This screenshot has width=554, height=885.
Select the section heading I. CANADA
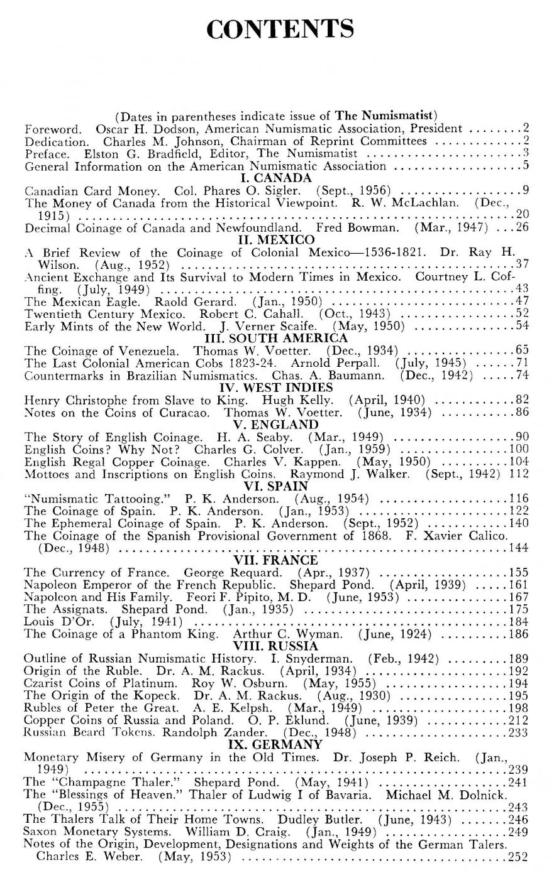[277, 178]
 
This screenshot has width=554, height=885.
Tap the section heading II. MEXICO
[277, 240]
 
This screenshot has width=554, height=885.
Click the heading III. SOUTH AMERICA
[277, 338]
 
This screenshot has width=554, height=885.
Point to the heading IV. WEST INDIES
[277, 387]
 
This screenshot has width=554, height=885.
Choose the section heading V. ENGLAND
[277, 424]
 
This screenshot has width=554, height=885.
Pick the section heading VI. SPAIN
[277, 486]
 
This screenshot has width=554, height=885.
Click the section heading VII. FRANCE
[277, 560]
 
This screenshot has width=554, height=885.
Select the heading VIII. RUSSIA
[277, 646]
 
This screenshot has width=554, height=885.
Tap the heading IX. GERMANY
[277, 744]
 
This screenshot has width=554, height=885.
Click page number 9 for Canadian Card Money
[524, 190]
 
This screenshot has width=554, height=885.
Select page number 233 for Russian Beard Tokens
[518, 732]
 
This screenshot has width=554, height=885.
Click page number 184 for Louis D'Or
[518, 622]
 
